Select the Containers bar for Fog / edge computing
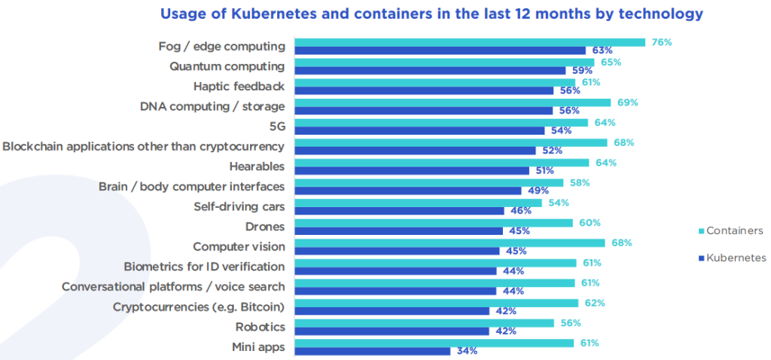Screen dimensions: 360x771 pyautogui.click(x=469, y=42)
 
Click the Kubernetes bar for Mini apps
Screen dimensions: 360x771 pyautogui.click(x=372, y=351)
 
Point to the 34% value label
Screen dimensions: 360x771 pyautogui.click(x=466, y=351)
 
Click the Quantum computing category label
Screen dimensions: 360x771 pyautogui.click(x=227, y=66)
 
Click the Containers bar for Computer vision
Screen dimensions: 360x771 pyautogui.click(x=449, y=243)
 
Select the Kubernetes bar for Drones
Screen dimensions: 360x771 pyautogui.click(x=398, y=230)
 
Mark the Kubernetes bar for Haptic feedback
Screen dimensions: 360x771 pyautogui.click(x=424, y=90)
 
